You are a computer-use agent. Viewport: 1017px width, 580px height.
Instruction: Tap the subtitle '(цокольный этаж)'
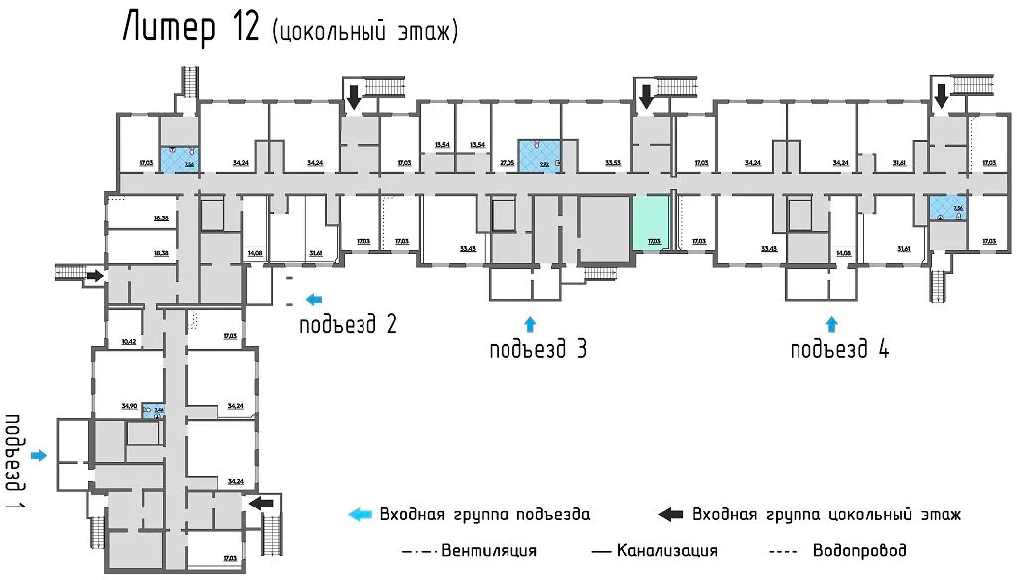click(364, 32)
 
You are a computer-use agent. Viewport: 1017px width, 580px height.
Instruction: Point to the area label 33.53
click(613, 162)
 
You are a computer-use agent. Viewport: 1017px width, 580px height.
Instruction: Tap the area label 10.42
click(128, 341)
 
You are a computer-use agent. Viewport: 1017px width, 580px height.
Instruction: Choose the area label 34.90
click(128, 406)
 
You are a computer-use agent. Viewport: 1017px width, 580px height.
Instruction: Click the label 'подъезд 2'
click(349, 323)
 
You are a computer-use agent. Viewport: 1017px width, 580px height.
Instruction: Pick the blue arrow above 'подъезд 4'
click(832, 323)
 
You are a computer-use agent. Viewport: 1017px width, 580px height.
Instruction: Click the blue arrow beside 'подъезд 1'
click(39, 455)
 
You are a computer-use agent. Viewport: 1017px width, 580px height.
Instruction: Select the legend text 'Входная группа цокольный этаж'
click(826, 514)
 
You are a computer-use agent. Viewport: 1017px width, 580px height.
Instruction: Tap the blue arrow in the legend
click(359, 514)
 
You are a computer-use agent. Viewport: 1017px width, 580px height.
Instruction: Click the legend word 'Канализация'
click(666, 550)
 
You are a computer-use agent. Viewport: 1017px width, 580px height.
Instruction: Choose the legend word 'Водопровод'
click(859, 550)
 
